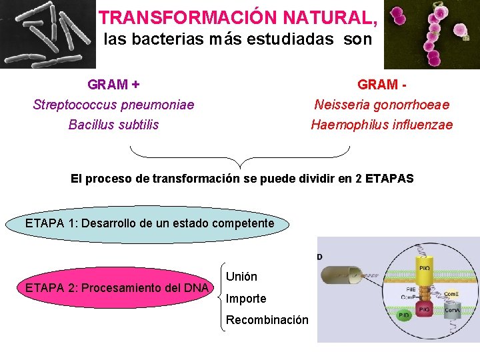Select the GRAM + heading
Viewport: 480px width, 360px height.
(x=113, y=85)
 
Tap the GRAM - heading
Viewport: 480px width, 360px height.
(x=382, y=85)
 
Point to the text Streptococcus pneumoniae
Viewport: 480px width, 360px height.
(x=113, y=105)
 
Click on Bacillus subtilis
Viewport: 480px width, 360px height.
(x=113, y=125)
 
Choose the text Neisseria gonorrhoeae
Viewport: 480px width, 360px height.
(x=382, y=105)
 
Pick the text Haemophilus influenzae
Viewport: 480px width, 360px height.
(x=382, y=125)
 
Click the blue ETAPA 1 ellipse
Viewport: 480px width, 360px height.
(x=149, y=224)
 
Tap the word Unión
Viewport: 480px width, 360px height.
(x=241, y=276)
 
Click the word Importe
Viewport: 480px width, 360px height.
(x=246, y=298)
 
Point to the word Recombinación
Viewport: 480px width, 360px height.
(x=267, y=320)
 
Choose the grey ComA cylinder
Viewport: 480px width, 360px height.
(x=453, y=311)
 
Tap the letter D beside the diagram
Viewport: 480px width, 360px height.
(x=320, y=256)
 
